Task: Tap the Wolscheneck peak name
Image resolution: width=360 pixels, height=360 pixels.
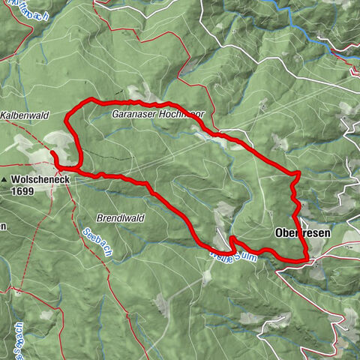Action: [40, 180]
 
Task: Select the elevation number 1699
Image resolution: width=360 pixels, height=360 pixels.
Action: [24, 191]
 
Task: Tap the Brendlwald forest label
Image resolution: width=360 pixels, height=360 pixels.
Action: [119, 217]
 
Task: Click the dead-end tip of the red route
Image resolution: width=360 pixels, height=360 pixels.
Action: [52, 153]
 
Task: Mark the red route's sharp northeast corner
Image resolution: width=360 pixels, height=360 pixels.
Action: [298, 173]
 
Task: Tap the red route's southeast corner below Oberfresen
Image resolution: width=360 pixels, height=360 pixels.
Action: [305, 259]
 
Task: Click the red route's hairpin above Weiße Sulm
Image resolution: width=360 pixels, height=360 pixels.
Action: [232, 238]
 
